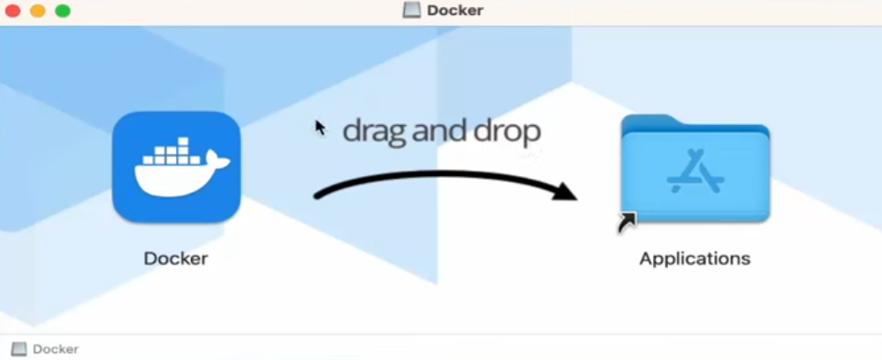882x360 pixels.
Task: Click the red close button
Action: (12, 11)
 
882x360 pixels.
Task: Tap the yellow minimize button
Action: (38, 11)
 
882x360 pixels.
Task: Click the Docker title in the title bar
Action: (455, 11)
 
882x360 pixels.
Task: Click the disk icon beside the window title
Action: (412, 11)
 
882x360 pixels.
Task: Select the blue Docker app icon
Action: (176, 167)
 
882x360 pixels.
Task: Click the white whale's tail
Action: (217, 159)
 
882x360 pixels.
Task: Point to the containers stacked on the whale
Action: (171, 152)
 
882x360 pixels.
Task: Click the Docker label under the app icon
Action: (176, 258)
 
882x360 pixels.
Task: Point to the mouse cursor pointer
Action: (320, 128)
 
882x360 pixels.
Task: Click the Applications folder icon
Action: (695, 169)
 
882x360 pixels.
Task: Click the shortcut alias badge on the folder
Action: (627, 223)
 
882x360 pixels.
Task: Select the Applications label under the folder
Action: (695, 259)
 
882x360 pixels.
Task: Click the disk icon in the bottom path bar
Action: (18, 349)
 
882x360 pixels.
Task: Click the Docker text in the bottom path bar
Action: (55, 349)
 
